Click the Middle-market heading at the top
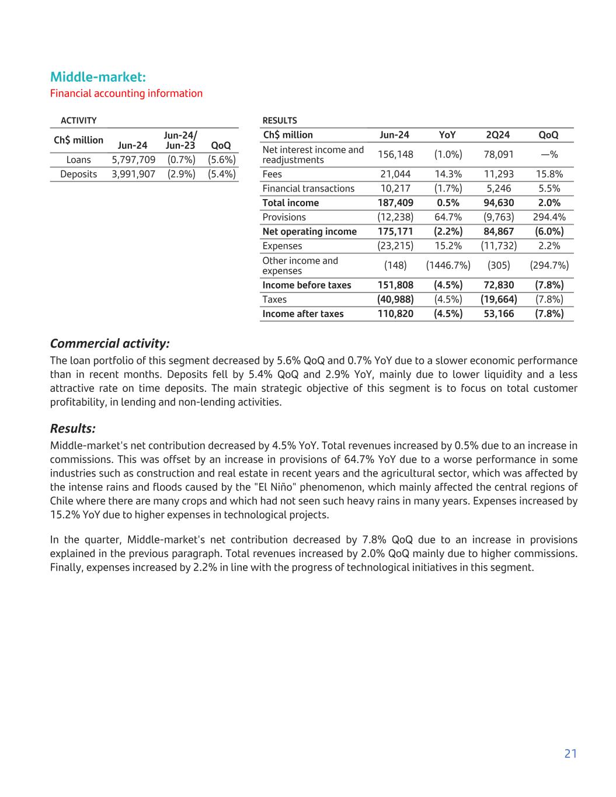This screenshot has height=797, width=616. coord(98,77)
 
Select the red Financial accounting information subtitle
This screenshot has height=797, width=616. coord(126,93)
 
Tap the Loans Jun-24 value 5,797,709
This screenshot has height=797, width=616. coord(133,160)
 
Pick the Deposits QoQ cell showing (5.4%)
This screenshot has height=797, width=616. coord(221,174)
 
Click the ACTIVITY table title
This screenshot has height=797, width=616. coord(78,121)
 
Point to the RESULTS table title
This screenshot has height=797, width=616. coord(279,121)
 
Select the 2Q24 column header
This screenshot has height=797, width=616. coord(497,135)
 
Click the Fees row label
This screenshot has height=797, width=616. coord(272,174)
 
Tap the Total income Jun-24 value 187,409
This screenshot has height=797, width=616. coord(395,203)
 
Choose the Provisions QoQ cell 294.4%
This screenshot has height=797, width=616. coord(549,217)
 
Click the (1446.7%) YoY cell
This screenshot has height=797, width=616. coord(448,266)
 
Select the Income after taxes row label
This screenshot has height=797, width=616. coord(303,314)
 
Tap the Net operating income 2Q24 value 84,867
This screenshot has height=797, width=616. coord(497,231)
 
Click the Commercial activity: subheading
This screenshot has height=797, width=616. coord(110,343)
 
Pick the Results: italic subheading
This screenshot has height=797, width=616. coord(73,429)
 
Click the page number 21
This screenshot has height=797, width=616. coord(570,754)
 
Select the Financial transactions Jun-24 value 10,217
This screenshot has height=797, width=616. coord(396,189)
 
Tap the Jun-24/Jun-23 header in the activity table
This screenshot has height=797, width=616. coord(180,141)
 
